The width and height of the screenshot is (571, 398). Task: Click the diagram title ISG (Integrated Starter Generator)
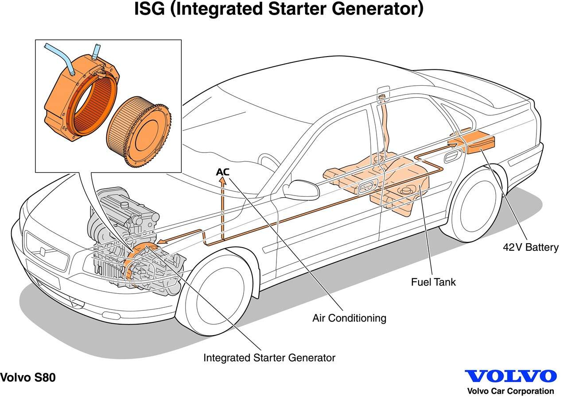(x=279, y=9)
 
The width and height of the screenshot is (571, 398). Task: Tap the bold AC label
(x=222, y=172)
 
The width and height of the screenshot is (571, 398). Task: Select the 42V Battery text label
(x=530, y=247)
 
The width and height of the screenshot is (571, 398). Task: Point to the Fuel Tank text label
(x=433, y=282)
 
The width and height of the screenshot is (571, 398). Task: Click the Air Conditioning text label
(x=349, y=318)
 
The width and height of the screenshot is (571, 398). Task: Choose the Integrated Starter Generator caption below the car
(x=269, y=358)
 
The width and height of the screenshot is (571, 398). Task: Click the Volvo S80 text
(x=28, y=378)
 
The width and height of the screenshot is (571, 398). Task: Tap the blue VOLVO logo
(x=510, y=376)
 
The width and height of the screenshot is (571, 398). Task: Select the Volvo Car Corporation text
(x=510, y=391)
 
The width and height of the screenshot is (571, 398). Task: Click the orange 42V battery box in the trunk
(x=481, y=144)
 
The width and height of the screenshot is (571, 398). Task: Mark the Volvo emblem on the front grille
(x=43, y=251)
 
